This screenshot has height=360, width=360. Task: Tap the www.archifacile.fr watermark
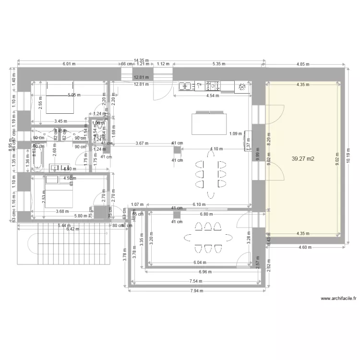pyautogui.click(x=338, y=298)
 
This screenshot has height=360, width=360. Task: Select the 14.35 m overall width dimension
pyautogui.click(x=141, y=56)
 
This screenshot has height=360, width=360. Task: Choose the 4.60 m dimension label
pyautogui.click(x=305, y=248)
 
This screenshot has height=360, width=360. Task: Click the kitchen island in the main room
pyautogui.click(x=210, y=123)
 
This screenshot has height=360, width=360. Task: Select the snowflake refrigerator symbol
pyautogui.click(x=242, y=86)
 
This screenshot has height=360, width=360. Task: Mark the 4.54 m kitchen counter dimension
pyautogui.click(x=212, y=96)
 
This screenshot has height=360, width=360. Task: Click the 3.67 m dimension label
pyautogui.click(x=142, y=143)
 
